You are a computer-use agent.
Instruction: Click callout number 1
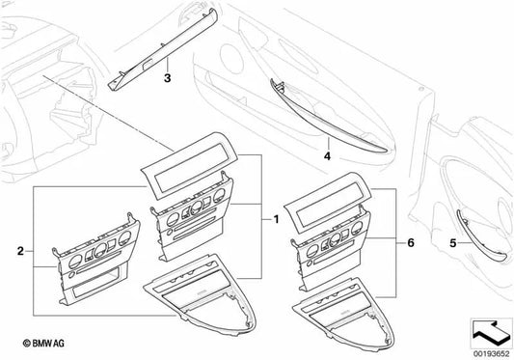coord(276,219)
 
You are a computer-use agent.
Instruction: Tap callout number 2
coord(20,251)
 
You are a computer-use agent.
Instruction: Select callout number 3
coord(167,78)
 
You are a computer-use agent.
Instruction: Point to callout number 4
coord(327,156)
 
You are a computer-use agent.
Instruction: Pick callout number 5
coord(452,243)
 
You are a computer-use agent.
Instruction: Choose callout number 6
coord(411,243)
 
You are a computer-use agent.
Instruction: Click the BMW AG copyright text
coord(43,344)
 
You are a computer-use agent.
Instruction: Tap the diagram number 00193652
coord(491,354)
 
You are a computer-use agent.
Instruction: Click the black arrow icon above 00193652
coord(491,332)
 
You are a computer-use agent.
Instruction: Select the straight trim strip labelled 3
coord(163,49)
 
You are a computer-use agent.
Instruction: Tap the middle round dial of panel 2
coord(100,250)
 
